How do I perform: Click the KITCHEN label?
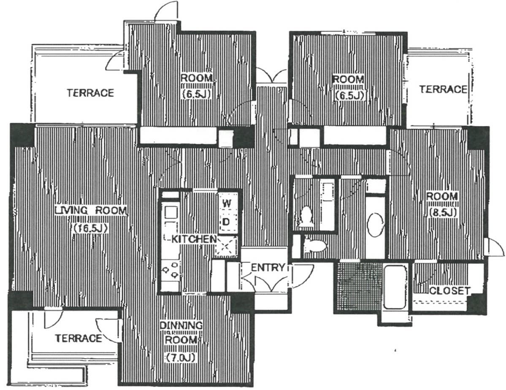pyautogui.click(x=194, y=239)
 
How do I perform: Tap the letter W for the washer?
pyautogui.click(x=227, y=203)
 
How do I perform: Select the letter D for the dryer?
pyautogui.click(x=227, y=222)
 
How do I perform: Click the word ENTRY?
pyautogui.click(x=268, y=267)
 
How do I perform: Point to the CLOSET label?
pyautogui.click(x=449, y=290)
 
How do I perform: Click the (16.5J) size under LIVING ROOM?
pyautogui.click(x=90, y=228)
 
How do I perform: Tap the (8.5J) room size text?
pyautogui.click(x=442, y=212)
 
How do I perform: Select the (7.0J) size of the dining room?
pyautogui.click(x=181, y=357)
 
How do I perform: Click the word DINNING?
pyautogui.click(x=181, y=325)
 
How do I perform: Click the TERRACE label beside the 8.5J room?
pyautogui.click(x=444, y=89)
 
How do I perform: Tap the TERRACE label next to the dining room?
pyautogui.click(x=78, y=338)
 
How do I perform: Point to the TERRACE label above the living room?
pyautogui.click(x=91, y=93)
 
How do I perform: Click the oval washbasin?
pyautogui.click(x=376, y=225)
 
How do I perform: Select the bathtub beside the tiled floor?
pyautogui.click(x=395, y=287)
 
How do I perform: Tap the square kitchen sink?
pyautogui.click(x=171, y=213)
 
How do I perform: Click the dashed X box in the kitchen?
pyautogui.click(x=226, y=246)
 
